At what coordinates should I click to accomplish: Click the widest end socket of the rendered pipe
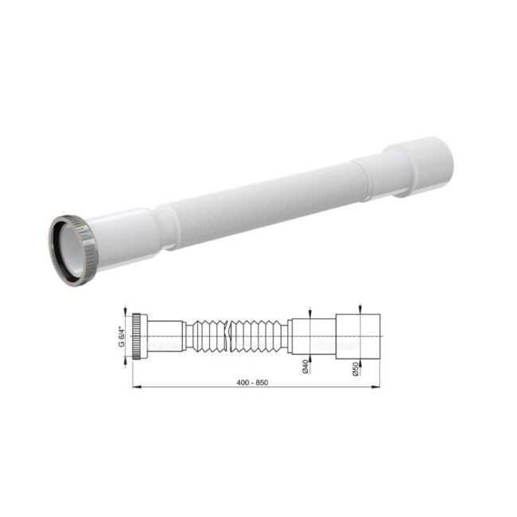point(418,166)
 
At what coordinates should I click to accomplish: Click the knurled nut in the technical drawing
point(138,334)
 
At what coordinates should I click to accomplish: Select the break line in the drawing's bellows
point(227,335)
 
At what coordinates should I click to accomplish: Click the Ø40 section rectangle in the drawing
point(313,334)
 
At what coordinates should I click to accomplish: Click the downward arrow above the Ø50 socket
point(360,309)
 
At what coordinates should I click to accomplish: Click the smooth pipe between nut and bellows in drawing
point(165,334)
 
